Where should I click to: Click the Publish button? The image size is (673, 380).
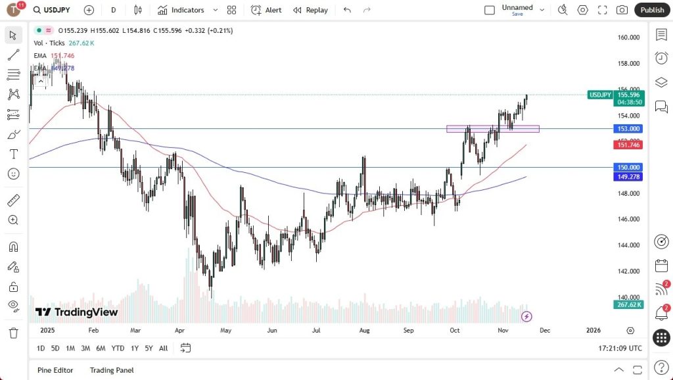[652, 10]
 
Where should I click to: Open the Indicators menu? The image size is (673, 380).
[181, 10]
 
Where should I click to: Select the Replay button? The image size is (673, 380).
[310, 10]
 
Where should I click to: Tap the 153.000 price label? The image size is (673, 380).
[629, 129]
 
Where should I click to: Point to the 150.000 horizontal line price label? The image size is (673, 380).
[629, 168]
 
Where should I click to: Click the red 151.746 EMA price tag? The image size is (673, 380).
[629, 145]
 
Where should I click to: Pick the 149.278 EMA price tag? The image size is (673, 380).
[629, 176]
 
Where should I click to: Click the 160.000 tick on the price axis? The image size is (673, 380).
[629, 37]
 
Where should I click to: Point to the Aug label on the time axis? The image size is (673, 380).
[365, 331]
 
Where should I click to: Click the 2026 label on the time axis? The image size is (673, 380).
[592, 331]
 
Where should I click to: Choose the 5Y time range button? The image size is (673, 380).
[149, 348]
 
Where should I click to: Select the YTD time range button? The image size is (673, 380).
[118, 348]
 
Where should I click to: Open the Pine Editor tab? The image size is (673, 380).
[55, 370]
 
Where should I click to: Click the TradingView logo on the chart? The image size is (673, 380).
[77, 312]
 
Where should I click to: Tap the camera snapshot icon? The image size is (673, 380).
[622, 10]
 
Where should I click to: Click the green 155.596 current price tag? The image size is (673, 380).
[629, 95]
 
